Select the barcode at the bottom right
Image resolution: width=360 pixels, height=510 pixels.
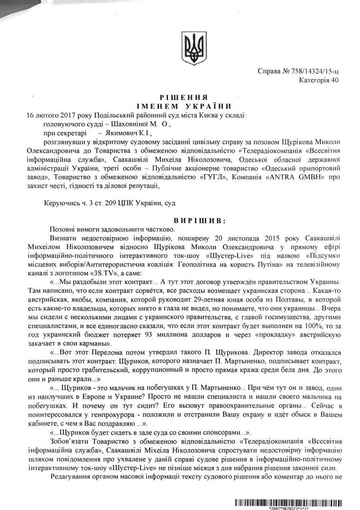tap(292, 501)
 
